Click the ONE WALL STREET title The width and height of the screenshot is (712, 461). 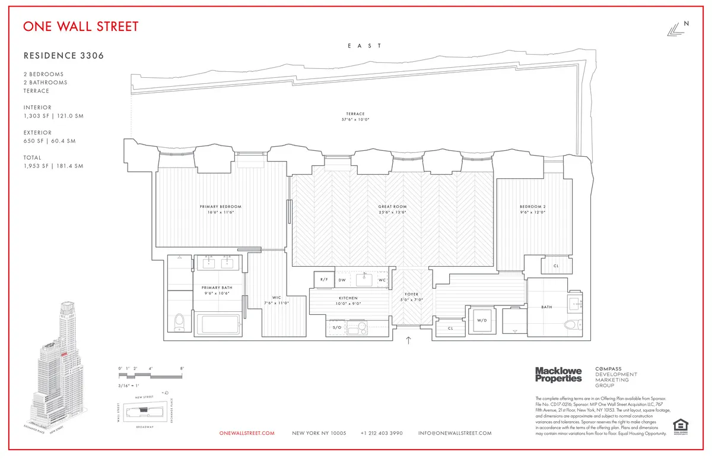point(81,27)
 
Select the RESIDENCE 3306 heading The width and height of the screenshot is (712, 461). point(63,56)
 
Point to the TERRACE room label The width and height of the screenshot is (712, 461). point(355,114)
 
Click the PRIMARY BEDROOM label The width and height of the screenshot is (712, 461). point(220,207)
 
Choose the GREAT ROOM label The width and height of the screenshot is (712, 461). point(392,207)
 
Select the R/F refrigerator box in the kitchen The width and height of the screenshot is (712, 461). point(324,279)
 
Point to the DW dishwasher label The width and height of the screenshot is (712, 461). point(342,279)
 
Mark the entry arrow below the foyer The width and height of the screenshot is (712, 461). point(408,340)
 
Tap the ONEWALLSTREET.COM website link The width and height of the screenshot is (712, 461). point(247,433)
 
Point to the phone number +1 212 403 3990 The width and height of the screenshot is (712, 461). point(382,433)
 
